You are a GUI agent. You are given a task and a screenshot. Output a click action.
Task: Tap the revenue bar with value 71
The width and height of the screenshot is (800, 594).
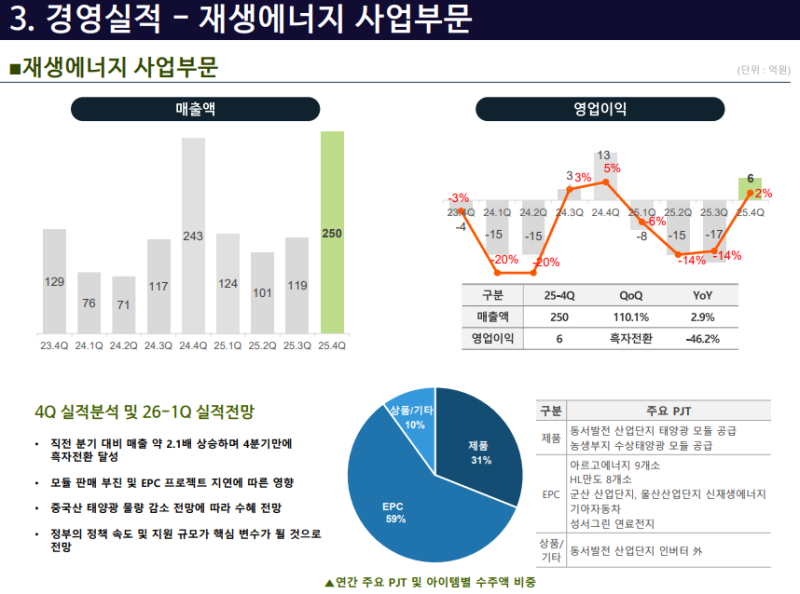click(124, 304)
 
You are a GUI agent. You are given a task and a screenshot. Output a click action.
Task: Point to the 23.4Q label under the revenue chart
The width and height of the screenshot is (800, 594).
click(54, 346)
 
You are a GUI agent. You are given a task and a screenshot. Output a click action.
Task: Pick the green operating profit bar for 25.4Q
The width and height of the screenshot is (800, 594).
click(750, 184)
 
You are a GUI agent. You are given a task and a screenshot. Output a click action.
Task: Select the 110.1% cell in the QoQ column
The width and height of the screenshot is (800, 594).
click(631, 317)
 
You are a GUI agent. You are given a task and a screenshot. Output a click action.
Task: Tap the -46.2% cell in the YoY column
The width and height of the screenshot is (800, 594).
click(703, 339)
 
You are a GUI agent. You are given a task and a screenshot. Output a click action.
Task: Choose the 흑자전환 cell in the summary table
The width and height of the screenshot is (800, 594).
click(631, 339)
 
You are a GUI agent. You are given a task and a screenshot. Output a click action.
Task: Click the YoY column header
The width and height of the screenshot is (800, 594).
click(703, 295)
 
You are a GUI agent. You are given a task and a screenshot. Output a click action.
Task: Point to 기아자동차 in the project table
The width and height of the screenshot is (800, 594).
click(597, 508)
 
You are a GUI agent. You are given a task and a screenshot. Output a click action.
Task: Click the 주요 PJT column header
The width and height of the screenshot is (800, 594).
click(669, 411)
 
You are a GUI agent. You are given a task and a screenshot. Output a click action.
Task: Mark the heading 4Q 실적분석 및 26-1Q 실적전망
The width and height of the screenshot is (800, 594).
click(144, 411)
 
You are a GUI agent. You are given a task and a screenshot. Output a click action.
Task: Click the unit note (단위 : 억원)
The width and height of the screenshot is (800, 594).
click(763, 70)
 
